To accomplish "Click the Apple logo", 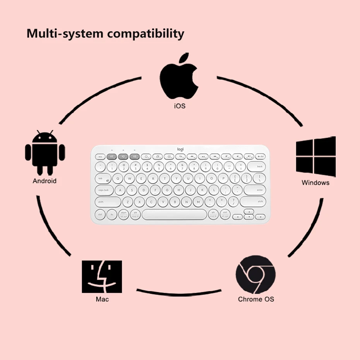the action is pos(179,77).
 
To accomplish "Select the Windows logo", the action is pos(315,156).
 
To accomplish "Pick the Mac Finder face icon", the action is pos(102,276).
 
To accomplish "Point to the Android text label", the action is pos(45,181).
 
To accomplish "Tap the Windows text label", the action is pos(315,182).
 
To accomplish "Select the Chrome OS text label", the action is pos(256,299).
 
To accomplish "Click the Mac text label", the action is pos(102,299).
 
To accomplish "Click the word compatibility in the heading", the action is pos(146,34).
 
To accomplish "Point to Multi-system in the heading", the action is pos(65,34).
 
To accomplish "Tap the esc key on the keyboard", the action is pos(100,156).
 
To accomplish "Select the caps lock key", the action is pos(103,190).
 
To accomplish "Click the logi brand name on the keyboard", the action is pos(180,149).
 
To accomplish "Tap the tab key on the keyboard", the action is pos(101,178).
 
